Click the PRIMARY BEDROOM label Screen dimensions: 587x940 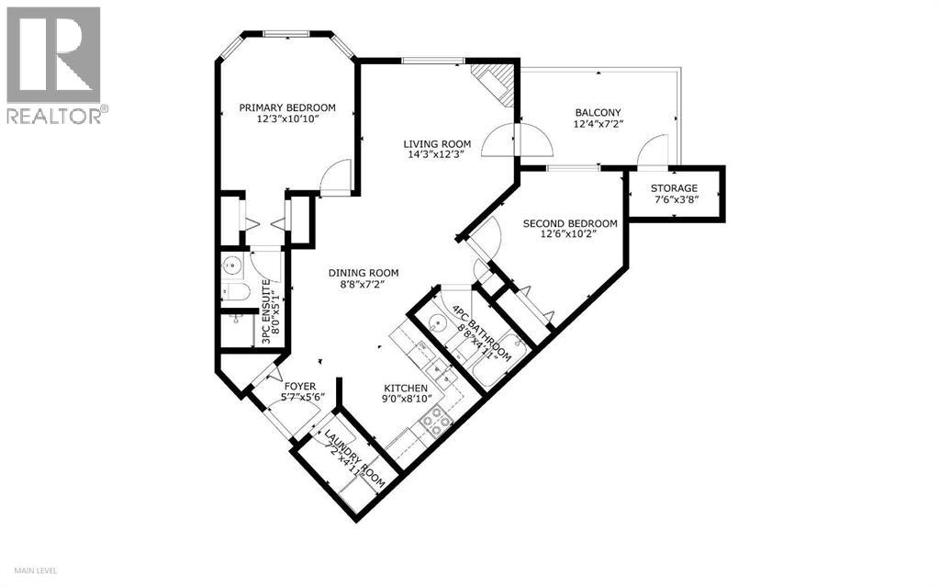click(287, 107)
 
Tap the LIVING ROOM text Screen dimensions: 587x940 click(438, 144)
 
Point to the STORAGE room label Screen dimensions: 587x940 click(675, 188)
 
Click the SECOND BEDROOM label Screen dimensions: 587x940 click(569, 223)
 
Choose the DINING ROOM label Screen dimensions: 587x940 click(364, 273)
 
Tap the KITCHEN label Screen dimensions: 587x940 click(405, 387)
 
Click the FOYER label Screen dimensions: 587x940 click(299, 387)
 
